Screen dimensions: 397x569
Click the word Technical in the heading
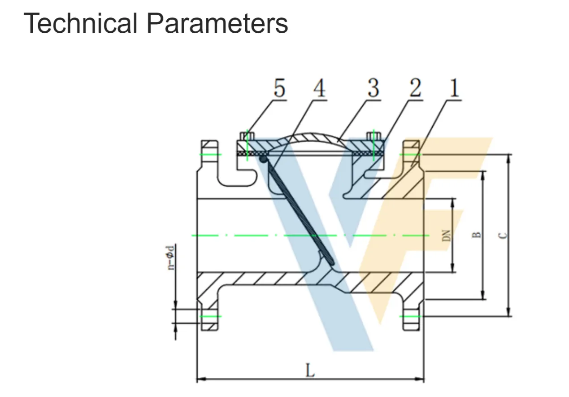click(80, 23)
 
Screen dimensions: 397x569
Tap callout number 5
click(279, 88)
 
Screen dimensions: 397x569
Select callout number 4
click(319, 88)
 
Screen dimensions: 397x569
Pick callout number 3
click(373, 88)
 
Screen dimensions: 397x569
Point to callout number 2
click(415, 88)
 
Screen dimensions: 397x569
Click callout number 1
click(454, 88)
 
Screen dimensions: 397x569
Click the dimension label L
click(309, 371)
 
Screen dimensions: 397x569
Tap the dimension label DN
click(446, 235)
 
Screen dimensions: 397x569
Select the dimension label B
click(477, 234)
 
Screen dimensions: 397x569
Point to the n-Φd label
click(171, 257)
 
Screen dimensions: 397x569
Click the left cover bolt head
click(246, 135)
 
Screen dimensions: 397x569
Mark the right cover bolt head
click(374, 135)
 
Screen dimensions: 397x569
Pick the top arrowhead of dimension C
click(508, 157)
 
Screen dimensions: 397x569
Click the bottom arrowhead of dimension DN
click(452, 269)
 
